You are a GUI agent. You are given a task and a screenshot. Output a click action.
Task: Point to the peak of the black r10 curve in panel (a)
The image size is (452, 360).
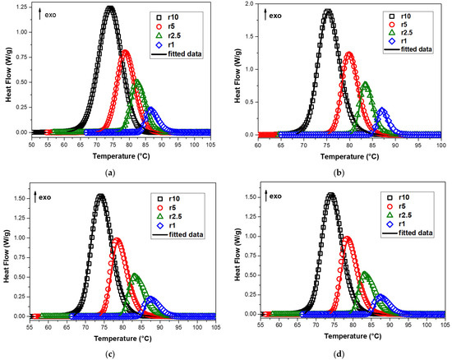[110, 7]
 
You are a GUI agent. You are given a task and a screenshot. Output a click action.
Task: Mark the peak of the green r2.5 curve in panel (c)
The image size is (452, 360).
[135, 275]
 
